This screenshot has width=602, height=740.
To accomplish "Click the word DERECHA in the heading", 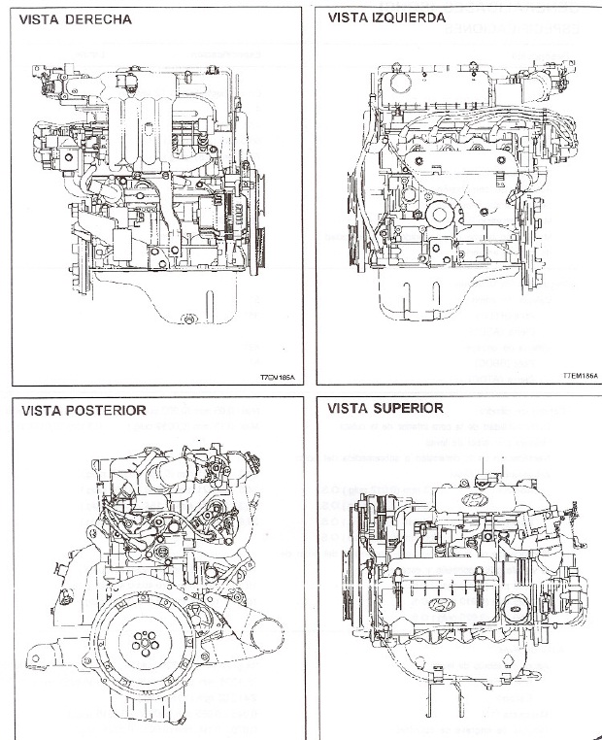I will (x=99, y=18).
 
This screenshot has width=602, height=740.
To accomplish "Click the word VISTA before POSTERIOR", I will (x=41, y=410).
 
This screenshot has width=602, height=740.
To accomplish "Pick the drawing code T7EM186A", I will (x=580, y=373).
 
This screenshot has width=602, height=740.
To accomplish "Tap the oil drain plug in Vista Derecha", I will (x=188, y=318).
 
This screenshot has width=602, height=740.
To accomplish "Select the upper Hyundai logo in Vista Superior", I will (x=475, y=500).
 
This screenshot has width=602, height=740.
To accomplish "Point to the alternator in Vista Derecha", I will (x=218, y=221).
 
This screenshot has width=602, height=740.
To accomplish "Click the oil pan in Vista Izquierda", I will (x=437, y=301).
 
